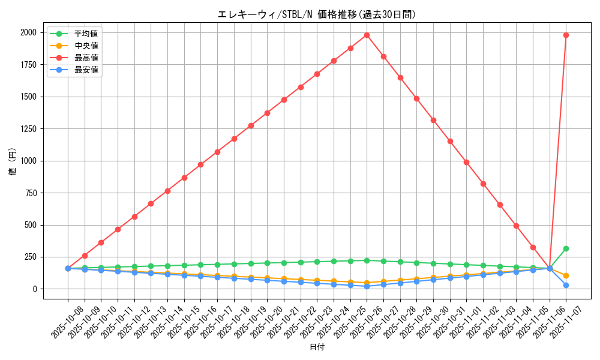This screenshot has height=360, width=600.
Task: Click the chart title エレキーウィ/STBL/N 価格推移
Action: tap(316, 14)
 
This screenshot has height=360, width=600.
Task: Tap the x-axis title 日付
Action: tap(317, 347)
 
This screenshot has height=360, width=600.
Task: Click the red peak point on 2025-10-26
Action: tap(367, 35)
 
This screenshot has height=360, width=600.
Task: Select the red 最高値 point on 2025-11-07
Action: tap(566, 35)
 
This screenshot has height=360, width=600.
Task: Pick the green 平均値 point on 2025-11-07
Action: tap(566, 248)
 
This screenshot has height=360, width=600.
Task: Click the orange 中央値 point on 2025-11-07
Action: tap(566, 275)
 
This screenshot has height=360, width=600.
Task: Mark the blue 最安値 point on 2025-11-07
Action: tap(566, 285)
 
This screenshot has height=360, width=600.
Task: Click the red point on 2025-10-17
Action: tap(217, 152)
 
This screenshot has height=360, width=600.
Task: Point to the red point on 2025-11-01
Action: tap(466, 162)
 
